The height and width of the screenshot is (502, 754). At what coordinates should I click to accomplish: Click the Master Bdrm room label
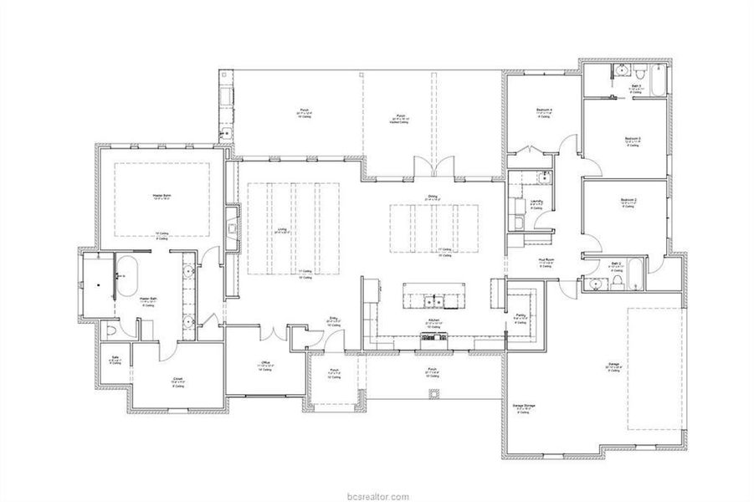click(162, 196)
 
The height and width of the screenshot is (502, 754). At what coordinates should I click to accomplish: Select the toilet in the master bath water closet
click(111, 331)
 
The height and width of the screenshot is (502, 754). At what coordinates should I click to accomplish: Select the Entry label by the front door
click(332, 319)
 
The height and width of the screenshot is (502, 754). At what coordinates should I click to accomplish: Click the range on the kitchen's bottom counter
click(433, 337)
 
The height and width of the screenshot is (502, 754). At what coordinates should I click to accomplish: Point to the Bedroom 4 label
click(545, 110)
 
